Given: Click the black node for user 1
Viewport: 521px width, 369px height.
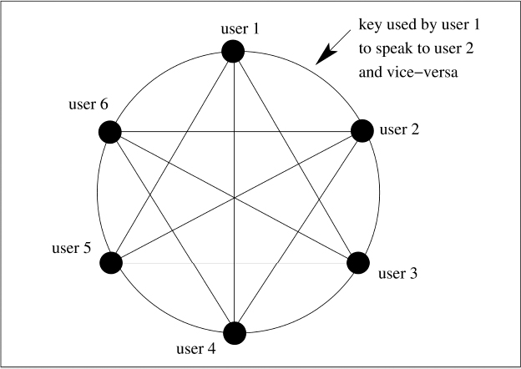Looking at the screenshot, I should (234, 52).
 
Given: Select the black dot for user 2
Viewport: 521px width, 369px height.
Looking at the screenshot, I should (362, 131).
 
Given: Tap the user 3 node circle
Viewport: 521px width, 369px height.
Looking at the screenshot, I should (358, 263).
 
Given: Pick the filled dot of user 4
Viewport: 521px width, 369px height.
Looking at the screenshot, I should (235, 332).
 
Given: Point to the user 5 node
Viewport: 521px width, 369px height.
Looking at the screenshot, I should (111, 263).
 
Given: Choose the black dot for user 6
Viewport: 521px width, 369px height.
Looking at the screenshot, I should (109, 131).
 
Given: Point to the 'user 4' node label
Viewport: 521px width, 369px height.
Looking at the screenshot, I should (196, 347).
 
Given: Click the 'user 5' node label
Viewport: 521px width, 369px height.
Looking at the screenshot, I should (71, 248).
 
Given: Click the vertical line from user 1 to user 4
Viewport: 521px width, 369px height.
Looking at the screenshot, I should (235, 250).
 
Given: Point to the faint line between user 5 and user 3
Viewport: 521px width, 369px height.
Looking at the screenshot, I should (235, 263).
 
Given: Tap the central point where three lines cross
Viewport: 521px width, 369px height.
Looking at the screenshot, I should (235, 197).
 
